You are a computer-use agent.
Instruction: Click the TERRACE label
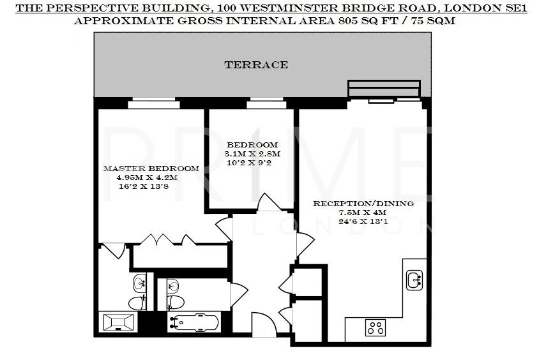pos(255,64)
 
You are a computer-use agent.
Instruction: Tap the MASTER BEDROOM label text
pos(151,169)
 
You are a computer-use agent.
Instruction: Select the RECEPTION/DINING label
pos(363,204)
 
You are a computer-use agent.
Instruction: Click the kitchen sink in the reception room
pos(414,278)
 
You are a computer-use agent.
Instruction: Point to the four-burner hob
pos(375,328)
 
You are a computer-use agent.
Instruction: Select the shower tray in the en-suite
pos(118,321)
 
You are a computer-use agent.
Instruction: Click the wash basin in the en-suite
pos(140,283)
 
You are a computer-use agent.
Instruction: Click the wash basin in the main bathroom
pos(172,285)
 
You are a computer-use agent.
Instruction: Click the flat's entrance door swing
pos(262,324)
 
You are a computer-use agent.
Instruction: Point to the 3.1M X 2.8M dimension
pos(252,154)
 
